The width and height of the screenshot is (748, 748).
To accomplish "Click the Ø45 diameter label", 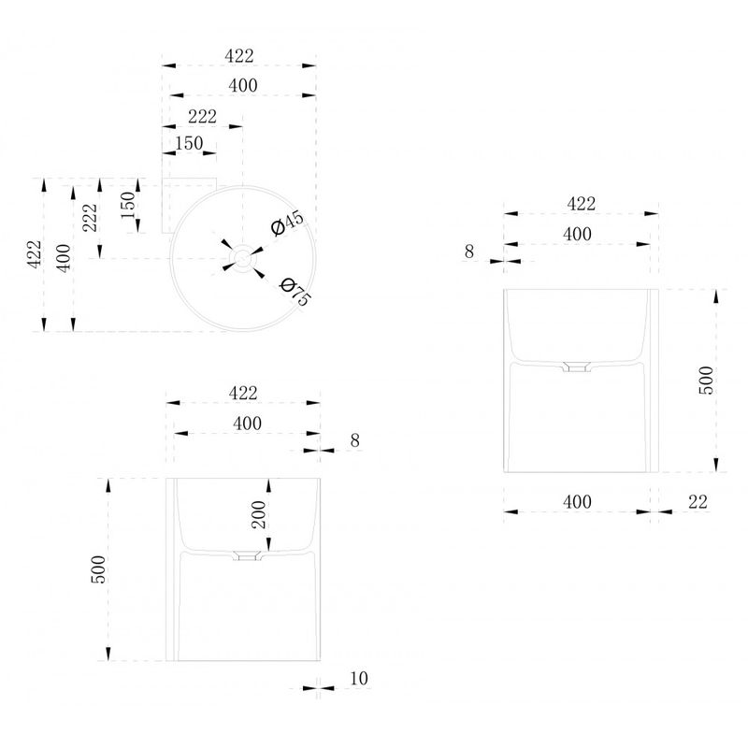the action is (287, 223).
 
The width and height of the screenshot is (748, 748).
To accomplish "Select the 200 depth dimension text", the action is (259, 514).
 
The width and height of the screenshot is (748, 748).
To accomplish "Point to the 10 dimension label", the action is (359, 678).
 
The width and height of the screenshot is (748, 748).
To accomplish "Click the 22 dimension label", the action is (698, 501).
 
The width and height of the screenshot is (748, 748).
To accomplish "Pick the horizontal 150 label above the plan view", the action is (189, 143).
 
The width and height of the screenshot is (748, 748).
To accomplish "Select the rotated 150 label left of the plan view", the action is (128, 205).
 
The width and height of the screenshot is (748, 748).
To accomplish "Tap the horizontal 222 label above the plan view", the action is (202, 116).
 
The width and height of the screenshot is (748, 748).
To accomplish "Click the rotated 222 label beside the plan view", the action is (90, 218).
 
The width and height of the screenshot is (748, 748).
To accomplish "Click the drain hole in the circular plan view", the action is (243, 258).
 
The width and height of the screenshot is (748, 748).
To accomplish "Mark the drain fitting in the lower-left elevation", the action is (247, 555).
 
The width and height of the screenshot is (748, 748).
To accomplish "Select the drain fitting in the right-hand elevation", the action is (577, 367).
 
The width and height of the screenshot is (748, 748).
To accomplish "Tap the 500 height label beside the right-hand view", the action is (706, 381).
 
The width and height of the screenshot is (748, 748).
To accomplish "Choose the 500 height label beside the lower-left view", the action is (98, 569).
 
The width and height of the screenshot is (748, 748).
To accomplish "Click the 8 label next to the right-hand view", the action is (469, 252).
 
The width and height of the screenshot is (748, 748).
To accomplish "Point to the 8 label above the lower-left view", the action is (354, 439).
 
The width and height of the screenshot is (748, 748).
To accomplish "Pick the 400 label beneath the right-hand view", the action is (577, 501).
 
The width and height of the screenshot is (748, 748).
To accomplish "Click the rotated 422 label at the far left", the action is (35, 254).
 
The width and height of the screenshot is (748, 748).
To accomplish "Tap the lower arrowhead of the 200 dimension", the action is (268, 545).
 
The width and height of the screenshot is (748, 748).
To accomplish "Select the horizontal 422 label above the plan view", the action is (239, 56).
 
